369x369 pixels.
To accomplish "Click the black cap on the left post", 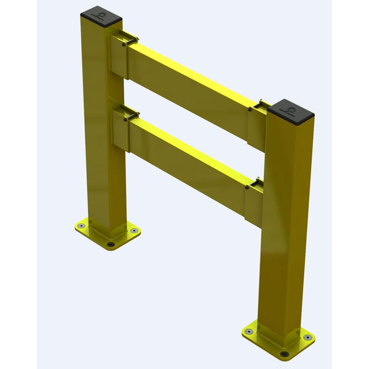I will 101,12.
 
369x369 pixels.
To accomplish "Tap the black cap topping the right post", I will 291,109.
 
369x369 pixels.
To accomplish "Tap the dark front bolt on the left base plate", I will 110,244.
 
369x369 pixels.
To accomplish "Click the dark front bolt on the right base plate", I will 284,353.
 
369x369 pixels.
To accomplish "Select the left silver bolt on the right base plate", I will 249,331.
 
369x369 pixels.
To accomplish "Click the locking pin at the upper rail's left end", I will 125,43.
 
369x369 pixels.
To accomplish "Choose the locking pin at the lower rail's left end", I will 125,119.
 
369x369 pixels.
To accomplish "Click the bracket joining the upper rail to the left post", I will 118,57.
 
